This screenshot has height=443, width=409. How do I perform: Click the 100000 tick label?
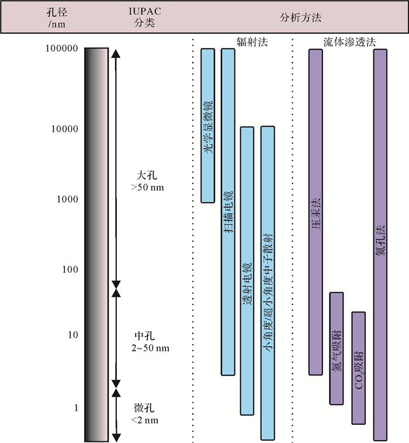coord(61,49)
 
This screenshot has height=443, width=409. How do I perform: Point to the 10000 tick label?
coord(64,129)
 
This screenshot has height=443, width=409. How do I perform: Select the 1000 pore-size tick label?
coord(67,199)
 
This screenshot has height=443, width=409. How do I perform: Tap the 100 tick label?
coord(70,269)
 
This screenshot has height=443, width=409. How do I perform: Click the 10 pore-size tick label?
coord(72,335)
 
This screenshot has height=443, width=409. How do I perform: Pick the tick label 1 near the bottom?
coord(75,407)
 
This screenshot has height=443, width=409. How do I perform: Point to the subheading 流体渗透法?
coord(349,43)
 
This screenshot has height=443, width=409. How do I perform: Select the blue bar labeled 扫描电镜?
coord(228,211)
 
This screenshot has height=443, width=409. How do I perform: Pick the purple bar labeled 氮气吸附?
coord(336,348)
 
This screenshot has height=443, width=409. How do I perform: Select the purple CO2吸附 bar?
coord(358,368)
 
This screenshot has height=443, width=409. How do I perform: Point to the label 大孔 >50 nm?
coord(147,181)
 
